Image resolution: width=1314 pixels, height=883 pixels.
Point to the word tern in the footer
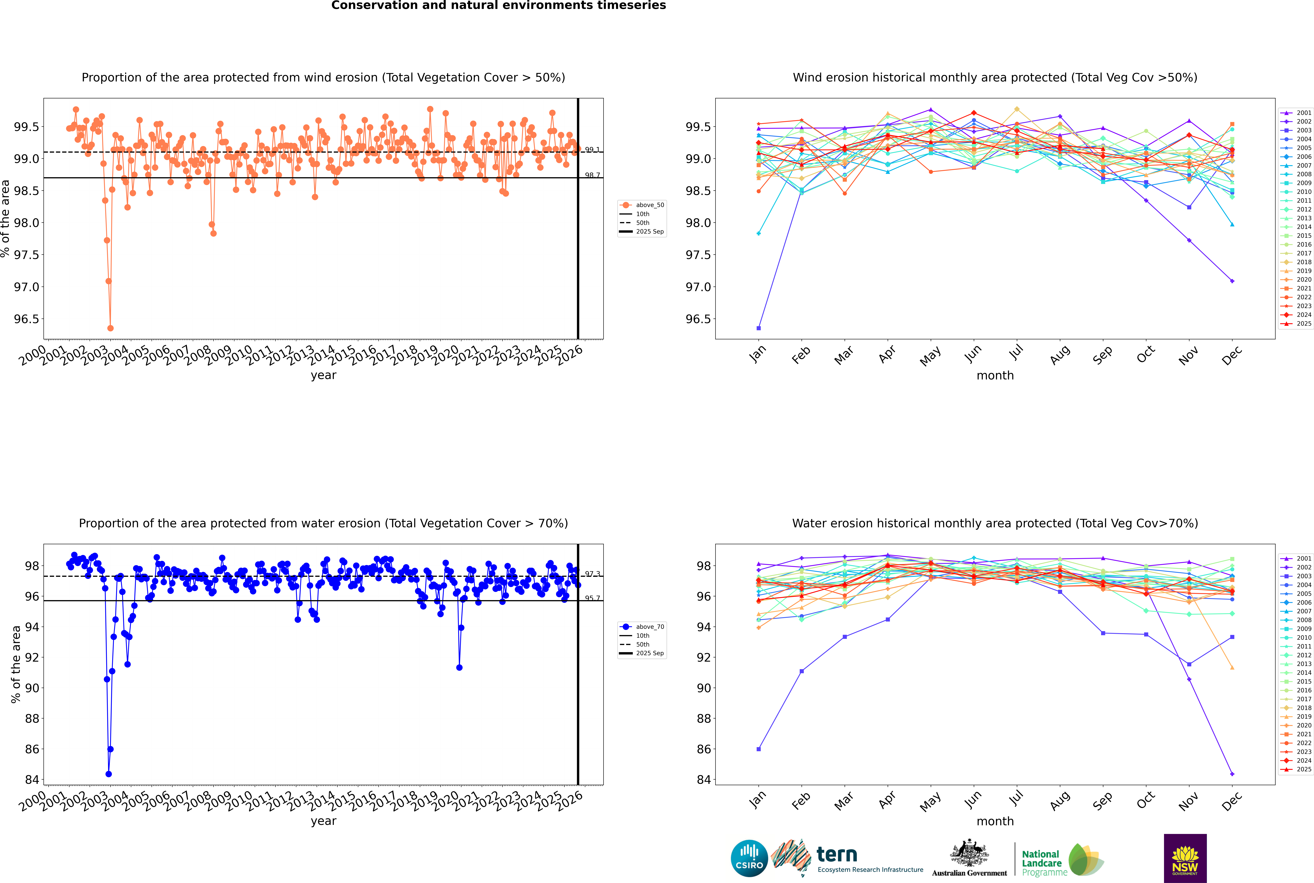tap(837, 854)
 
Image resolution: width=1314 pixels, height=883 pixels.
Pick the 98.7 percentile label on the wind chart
tap(592, 175)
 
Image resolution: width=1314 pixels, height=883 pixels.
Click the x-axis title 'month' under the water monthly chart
tap(995, 821)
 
